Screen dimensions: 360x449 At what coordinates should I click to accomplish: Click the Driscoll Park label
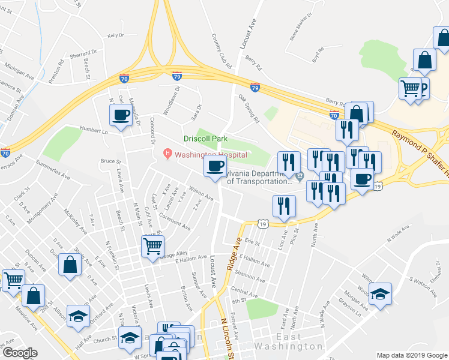pos(206,139)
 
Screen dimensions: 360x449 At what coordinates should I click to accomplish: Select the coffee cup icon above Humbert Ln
pos(120,115)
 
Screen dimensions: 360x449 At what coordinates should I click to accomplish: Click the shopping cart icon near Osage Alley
pos(152,245)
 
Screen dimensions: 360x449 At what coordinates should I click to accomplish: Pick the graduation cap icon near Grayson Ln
pos(380,294)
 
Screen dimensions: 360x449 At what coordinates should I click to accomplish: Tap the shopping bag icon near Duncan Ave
pos(71,265)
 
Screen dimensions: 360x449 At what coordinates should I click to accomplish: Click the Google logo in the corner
pos(20,353)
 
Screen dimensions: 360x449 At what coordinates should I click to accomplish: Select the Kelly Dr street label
pos(115,36)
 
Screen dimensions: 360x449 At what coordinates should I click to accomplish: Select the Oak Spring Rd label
pos(249,107)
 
